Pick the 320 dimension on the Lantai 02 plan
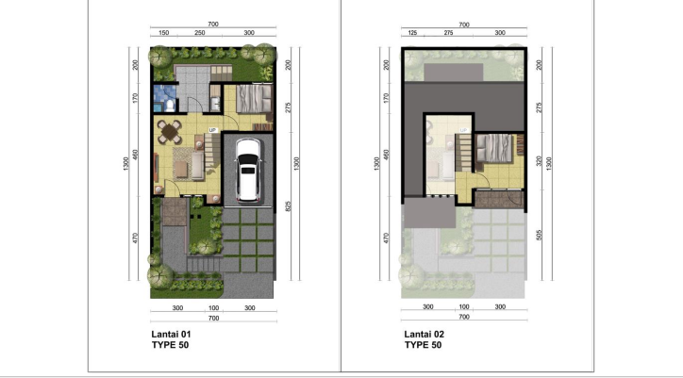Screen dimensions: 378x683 (541, 160)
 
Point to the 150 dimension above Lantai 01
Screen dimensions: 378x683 (163, 33)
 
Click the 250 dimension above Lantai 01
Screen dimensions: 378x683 (200, 33)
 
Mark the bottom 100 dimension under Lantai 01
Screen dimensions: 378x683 (213, 307)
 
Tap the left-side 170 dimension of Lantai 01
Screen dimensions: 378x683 (136, 96)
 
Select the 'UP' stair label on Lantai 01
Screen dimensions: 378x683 (213, 130)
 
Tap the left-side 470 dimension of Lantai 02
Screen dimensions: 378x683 (387, 238)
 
